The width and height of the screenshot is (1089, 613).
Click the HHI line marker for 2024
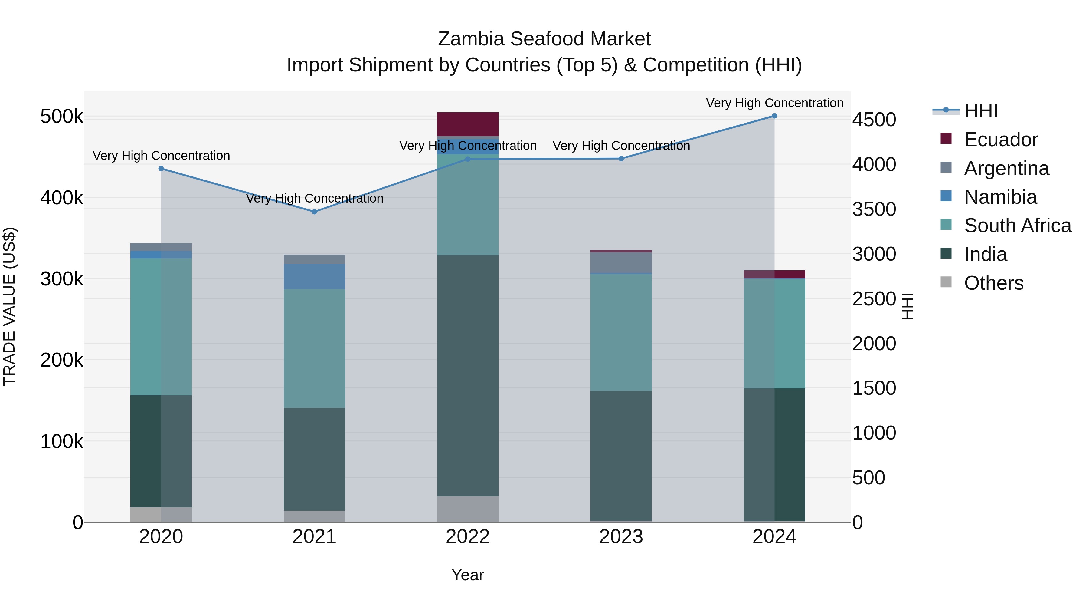[774, 116]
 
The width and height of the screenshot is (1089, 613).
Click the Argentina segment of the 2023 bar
[621, 263]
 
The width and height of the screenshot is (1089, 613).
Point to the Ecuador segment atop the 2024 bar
[774, 274]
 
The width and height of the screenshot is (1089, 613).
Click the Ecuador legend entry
[1000, 140]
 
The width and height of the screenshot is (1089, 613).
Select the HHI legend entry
[980, 111]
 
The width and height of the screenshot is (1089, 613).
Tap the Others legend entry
[993, 283]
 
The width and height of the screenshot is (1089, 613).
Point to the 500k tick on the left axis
[62, 116]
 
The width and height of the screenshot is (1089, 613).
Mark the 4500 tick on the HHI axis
[873, 120]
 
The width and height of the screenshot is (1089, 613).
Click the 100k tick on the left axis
[62, 441]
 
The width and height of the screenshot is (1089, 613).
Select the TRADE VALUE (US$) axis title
[10, 306]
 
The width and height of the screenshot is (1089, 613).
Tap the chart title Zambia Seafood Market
[544, 39]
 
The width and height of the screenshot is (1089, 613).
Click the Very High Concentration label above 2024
[774, 103]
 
